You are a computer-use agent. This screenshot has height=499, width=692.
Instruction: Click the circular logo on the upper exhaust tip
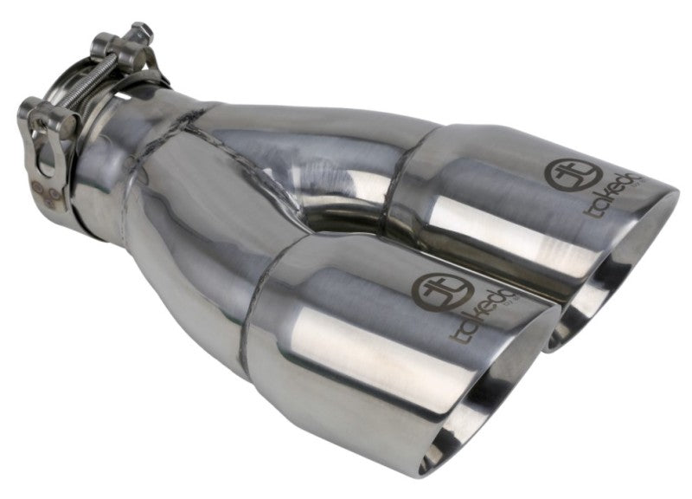[561, 172]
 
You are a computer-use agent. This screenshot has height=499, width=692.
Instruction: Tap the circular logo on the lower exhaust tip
[433, 289]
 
